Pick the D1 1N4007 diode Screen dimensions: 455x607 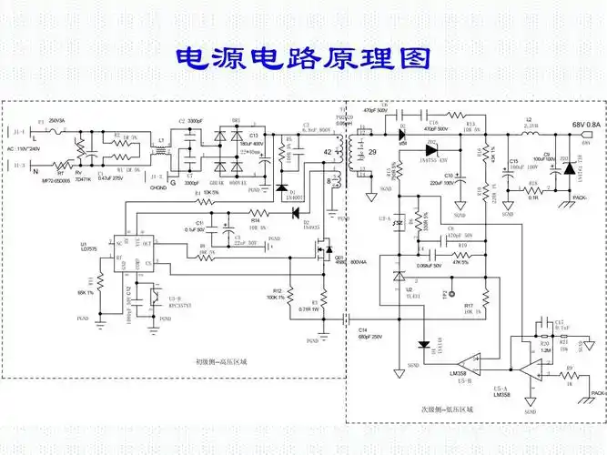pyautogui.click(x=280, y=187)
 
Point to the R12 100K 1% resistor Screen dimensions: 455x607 pyautogui.click(x=288, y=293)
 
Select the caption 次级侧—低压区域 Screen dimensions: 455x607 pyautogui.click(x=447, y=411)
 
